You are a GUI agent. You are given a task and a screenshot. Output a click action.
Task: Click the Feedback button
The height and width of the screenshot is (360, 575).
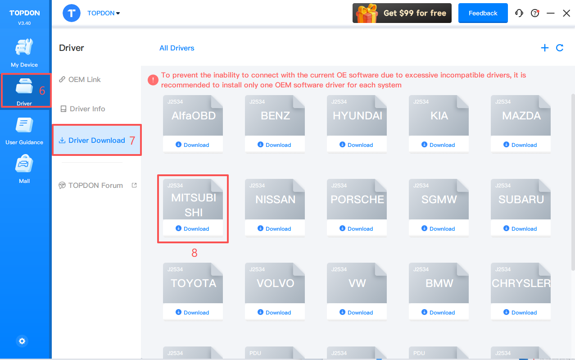(483, 13)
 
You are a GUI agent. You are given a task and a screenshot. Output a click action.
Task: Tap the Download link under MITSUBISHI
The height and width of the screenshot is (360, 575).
(193, 228)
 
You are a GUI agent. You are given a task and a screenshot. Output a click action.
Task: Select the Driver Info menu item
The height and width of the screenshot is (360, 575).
(83, 109)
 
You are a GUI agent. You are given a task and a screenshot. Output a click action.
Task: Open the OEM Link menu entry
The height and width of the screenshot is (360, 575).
(80, 80)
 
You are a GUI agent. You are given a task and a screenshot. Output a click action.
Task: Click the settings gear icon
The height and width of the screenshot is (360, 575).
(22, 341)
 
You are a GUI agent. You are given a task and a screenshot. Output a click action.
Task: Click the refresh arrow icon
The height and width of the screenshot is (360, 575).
(560, 48)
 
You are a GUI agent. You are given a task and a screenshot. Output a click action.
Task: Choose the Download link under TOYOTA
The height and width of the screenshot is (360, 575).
(193, 313)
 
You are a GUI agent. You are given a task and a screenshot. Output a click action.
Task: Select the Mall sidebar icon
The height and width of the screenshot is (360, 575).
(24, 164)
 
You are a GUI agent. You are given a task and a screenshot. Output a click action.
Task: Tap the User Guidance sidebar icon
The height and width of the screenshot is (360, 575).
(24, 125)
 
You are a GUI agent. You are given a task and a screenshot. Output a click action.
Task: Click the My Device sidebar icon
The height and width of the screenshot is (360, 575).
(24, 47)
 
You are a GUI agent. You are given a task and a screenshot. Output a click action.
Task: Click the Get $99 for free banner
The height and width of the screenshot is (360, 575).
(402, 13)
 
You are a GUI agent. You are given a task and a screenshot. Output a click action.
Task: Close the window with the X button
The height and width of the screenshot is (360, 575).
(566, 13)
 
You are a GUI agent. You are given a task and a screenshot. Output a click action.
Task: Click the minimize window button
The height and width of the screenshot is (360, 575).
(550, 13)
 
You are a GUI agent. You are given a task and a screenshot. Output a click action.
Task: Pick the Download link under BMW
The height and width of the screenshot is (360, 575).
(439, 313)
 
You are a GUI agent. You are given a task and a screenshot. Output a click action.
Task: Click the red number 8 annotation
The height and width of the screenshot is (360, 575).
(195, 253)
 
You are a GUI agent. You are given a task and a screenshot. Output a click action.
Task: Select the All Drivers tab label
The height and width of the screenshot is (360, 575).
(177, 48)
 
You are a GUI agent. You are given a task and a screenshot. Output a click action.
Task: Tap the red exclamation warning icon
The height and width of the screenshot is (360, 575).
(153, 80)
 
